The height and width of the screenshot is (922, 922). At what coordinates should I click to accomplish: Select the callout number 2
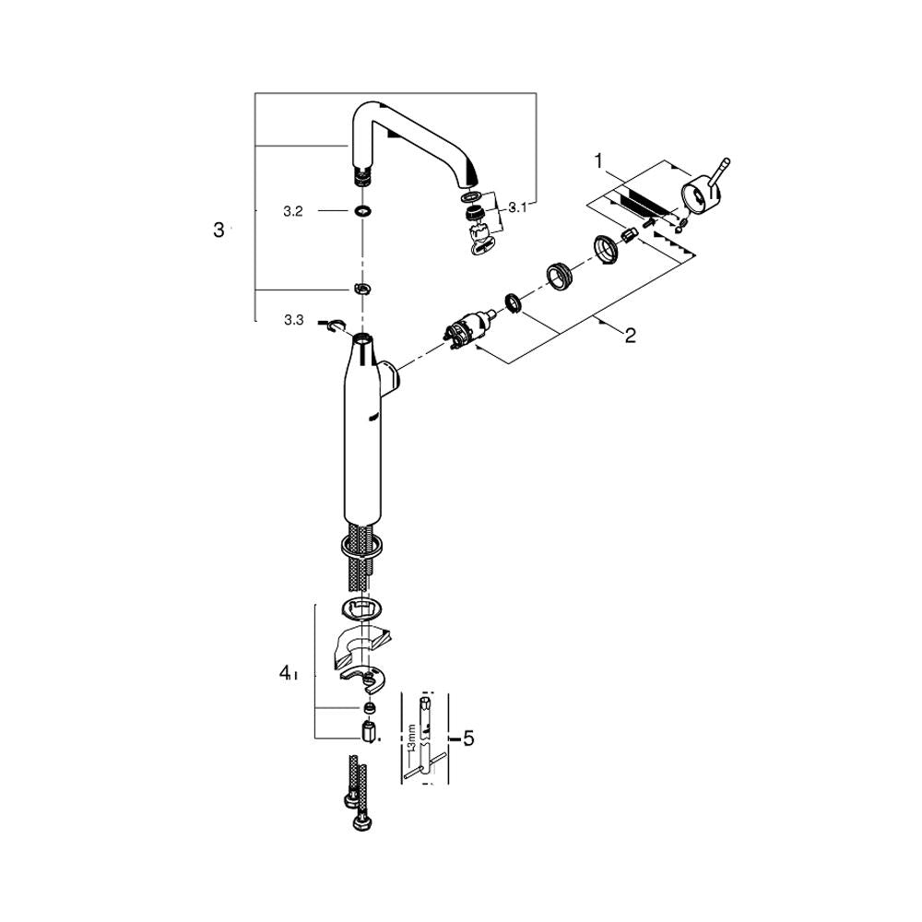point(630,336)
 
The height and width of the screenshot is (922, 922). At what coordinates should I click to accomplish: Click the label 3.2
point(293,211)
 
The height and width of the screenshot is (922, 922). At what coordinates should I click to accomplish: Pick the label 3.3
point(293,319)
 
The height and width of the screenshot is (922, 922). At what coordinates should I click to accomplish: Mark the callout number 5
point(468,739)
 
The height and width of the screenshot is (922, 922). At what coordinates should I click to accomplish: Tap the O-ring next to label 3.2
point(361,211)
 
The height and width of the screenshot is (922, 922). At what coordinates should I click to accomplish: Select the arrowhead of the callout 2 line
point(598,320)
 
